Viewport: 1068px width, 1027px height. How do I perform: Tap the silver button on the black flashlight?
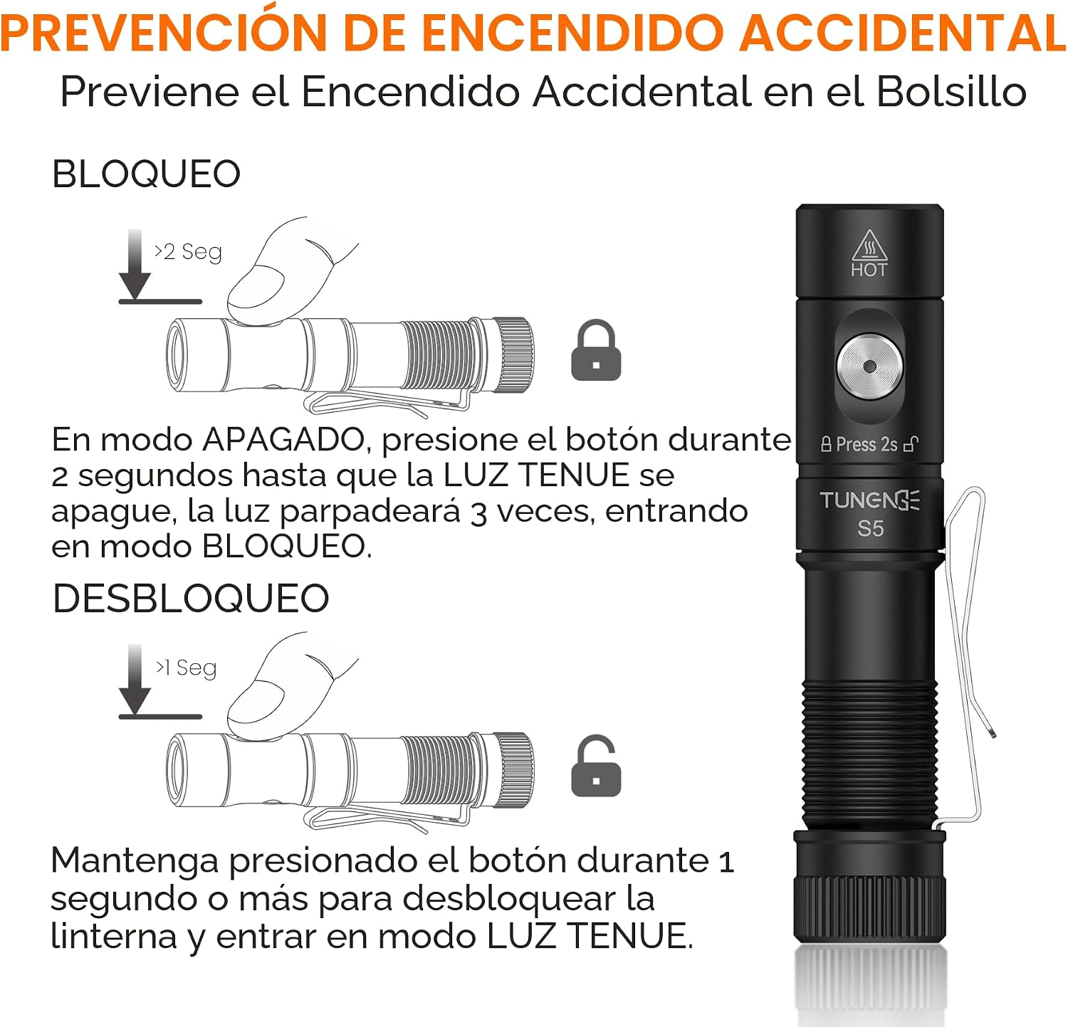pyautogui.click(x=869, y=367)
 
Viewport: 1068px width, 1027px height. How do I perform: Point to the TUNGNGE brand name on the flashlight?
pyautogui.click(x=869, y=500)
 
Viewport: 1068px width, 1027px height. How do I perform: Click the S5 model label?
pyautogui.click(x=870, y=529)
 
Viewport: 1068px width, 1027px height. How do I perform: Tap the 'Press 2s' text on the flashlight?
pyautogui.click(x=867, y=444)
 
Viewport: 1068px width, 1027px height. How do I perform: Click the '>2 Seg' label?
pyautogui.click(x=188, y=252)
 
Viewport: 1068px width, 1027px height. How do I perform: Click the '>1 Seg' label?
pyautogui.click(x=186, y=668)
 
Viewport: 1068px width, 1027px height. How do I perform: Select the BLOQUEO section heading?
pyautogui.click(x=147, y=174)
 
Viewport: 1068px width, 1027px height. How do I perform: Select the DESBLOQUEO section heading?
pyautogui.click(x=191, y=598)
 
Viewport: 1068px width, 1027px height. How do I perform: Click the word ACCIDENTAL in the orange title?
pyautogui.click(x=903, y=32)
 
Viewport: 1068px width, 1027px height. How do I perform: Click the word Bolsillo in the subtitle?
pyautogui.click(x=951, y=92)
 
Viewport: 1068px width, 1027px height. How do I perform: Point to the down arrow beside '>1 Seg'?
pyautogui.click(x=135, y=679)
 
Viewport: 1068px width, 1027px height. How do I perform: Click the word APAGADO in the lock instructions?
pyautogui.click(x=283, y=440)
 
